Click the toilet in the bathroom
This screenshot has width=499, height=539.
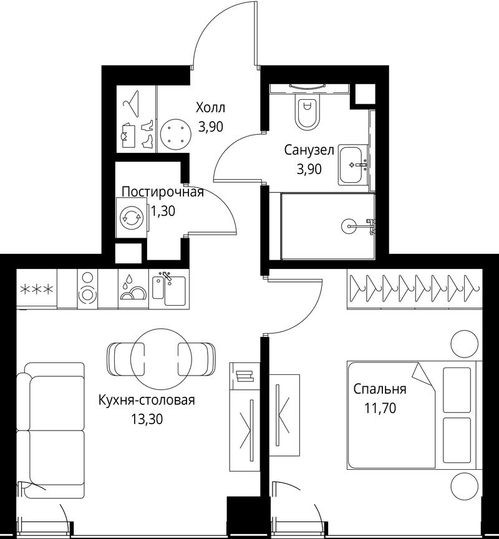pos(308,112)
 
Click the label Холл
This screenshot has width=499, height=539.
pos(210,107)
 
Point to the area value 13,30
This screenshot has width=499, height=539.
pos(147,419)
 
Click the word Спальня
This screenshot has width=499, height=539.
pos(380,389)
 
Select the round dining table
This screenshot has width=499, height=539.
pos(161,359)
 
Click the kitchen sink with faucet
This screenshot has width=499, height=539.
pos(169,288)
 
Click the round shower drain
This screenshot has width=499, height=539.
pos(348,226)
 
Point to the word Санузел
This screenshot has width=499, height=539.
pos(309,150)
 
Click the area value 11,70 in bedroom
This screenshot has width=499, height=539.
pos(380,408)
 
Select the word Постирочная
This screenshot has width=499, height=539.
pos(163,192)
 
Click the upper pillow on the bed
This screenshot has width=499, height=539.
pos(457,390)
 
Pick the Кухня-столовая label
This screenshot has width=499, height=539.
pos(147,400)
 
